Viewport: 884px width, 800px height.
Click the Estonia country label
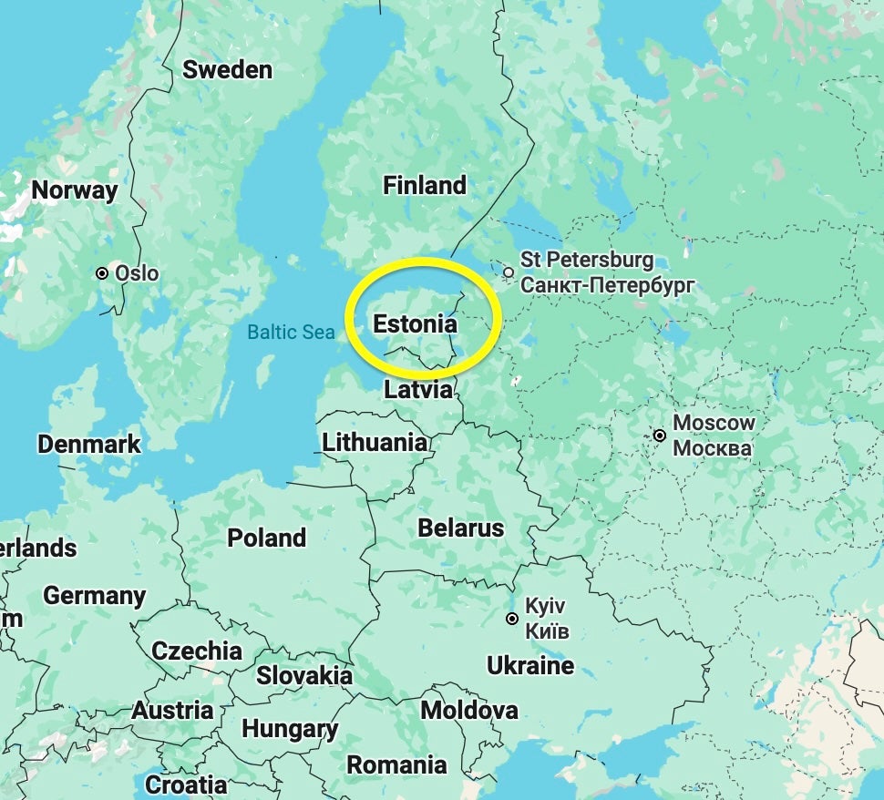coord(415,323)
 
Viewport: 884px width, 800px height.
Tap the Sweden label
coord(227,70)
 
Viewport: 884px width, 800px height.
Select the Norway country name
coord(75,190)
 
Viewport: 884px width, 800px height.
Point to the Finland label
coord(424,186)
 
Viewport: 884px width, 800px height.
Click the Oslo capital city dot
coord(102,273)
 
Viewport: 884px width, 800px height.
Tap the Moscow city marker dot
coord(659,436)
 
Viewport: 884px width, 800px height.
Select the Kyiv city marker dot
coord(512,619)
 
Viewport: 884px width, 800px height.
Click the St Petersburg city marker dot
coord(509,272)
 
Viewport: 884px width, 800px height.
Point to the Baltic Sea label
coord(291,333)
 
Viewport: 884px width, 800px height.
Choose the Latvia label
coord(418,390)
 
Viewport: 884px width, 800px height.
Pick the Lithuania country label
coord(375,443)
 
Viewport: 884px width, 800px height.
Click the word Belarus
coord(460,528)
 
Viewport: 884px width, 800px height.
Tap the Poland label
coord(266,538)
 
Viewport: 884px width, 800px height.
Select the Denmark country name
coord(88,445)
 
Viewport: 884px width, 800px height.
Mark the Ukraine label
coord(530,666)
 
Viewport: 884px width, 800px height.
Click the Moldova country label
coord(468,710)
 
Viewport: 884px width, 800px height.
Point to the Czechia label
coord(197,651)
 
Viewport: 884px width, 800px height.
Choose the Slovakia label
coord(303,676)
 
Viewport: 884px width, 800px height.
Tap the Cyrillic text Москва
coord(712,448)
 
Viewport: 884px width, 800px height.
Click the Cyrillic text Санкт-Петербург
coord(608,285)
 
